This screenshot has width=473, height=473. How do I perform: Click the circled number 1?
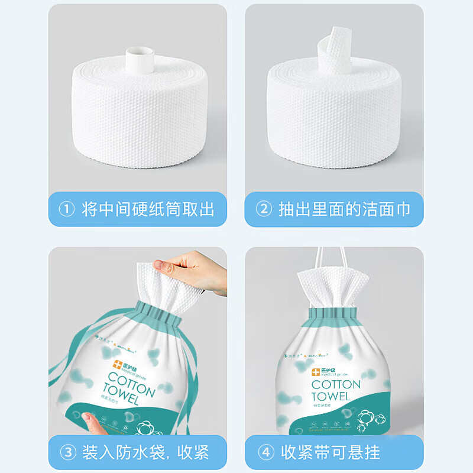(68, 209)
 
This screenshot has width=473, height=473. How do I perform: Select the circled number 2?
(264, 209)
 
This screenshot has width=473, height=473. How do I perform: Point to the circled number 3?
(68, 453)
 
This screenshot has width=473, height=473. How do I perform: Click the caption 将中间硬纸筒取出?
(148, 209)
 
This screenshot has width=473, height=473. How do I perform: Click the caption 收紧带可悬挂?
(331, 453)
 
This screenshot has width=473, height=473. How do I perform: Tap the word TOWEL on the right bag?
(335, 397)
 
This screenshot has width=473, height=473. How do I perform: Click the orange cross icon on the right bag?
(316, 372)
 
